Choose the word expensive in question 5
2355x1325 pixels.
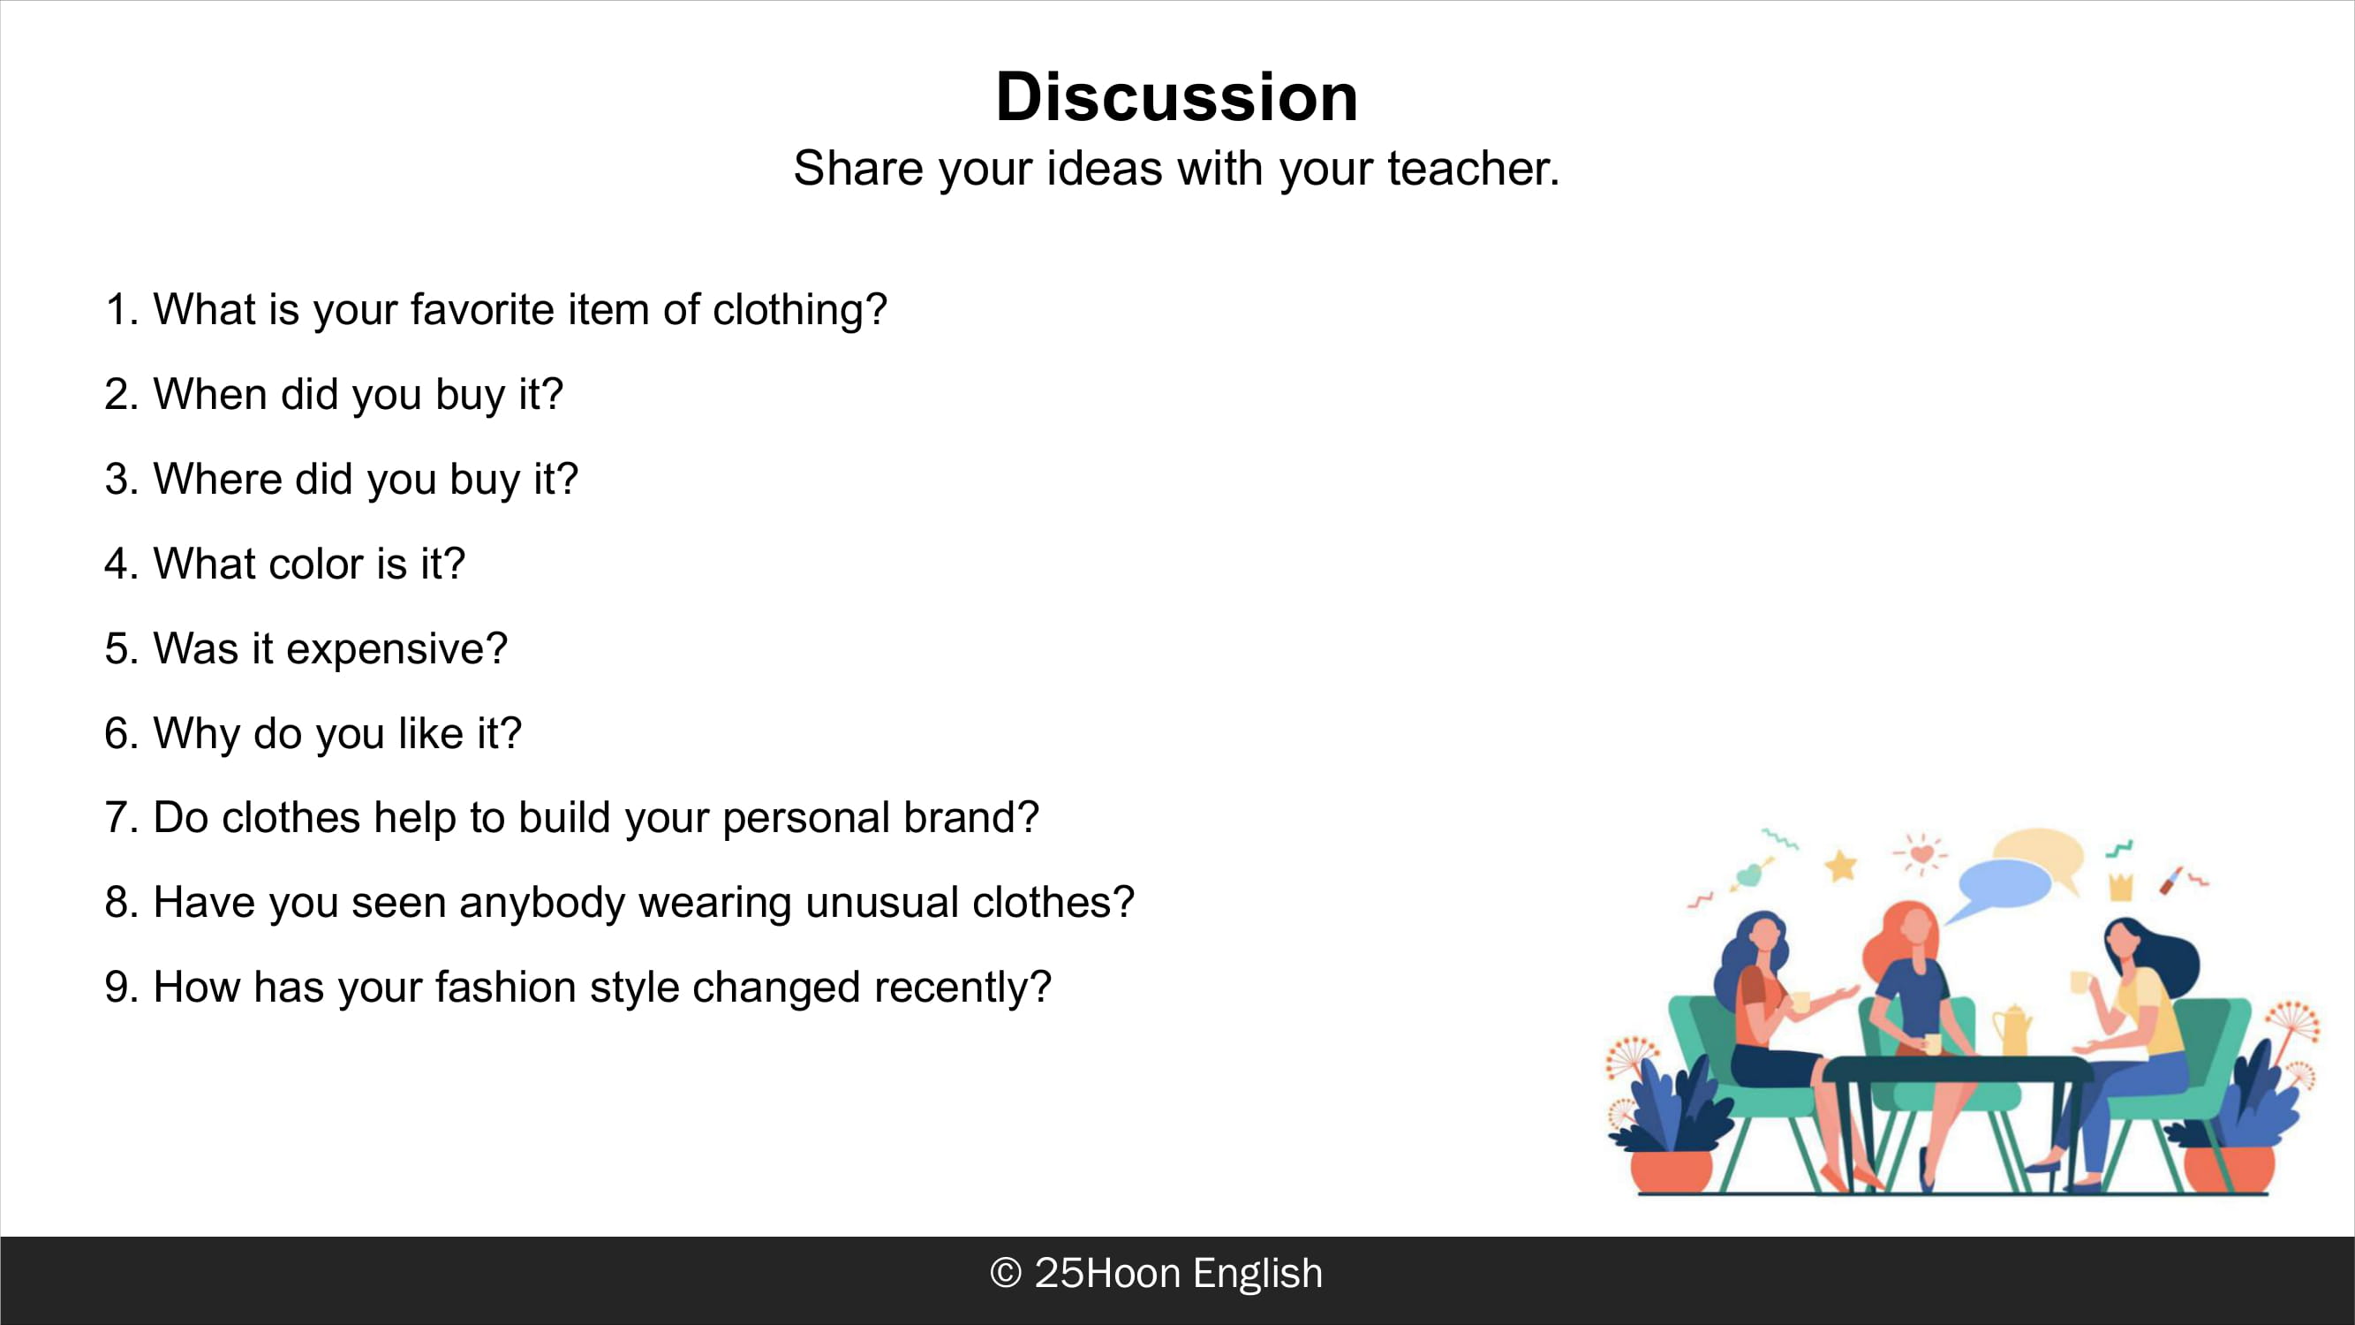pyautogui.click(x=396, y=649)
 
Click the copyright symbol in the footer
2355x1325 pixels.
pyautogui.click(x=1006, y=1273)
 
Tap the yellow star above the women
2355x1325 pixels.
pyautogui.click(x=1841, y=864)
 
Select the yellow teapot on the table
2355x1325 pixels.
pyautogui.click(x=2012, y=1030)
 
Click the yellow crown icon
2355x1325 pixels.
pyautogui.click(x=2121, y=885)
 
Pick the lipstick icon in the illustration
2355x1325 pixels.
pyautogui.click(x=2171, y=881)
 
